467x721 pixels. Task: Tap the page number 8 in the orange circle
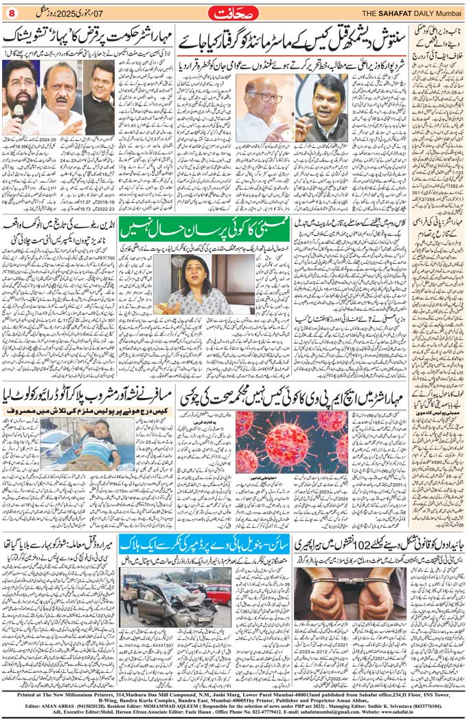(x=11, y=12)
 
